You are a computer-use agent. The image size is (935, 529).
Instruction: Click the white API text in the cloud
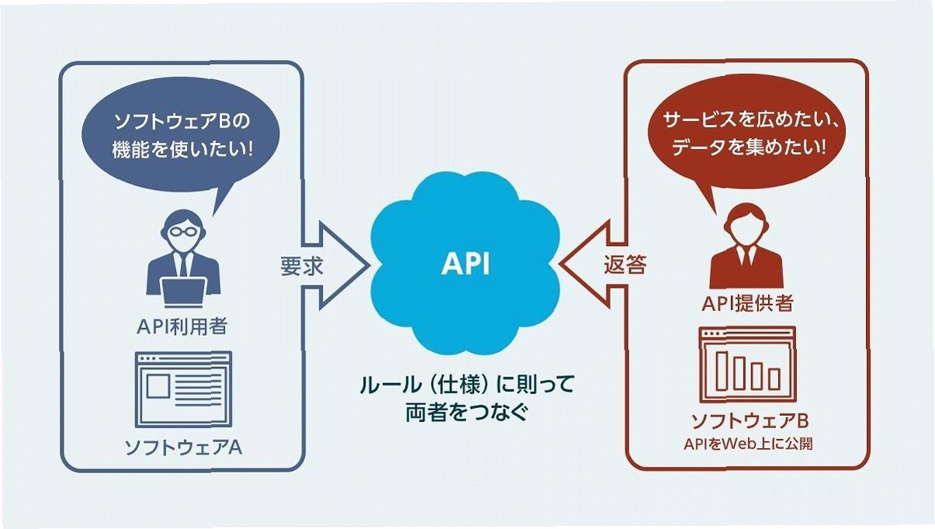466,265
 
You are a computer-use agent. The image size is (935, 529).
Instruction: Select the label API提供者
747,303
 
